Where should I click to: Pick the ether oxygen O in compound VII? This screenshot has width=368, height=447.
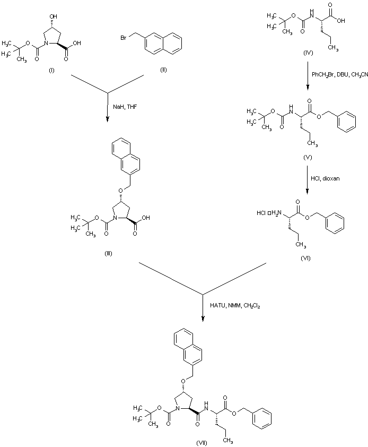point(183,380)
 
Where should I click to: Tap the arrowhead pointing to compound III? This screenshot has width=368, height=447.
point(108,118)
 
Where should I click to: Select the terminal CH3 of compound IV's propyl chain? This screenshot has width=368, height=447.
point(332,48)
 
